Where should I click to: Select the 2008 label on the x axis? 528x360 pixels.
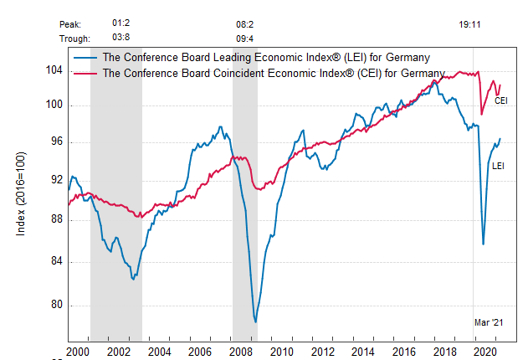tap(241, 352)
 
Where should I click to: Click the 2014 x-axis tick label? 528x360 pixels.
tap(362, 352)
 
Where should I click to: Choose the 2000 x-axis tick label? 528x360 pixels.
tap(79, 352)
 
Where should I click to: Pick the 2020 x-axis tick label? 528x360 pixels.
tap(484, 352)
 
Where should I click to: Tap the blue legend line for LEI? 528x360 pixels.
tap(85, 57)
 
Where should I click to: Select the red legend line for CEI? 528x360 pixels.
tap(85, 73)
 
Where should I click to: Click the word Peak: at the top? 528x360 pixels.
tap(73, 26)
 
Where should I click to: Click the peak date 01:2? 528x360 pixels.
tap(120, 25)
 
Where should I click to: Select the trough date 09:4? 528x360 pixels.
tap(245, 39)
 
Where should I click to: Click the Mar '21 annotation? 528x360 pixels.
tap(489, 322)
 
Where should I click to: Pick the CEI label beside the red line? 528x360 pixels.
tap(501, 100)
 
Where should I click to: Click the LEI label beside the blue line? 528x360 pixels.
tap(498, 166)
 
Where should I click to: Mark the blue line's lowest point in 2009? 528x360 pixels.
tap(255, 321)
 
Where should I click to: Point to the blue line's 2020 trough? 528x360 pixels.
tap(484, 244)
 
